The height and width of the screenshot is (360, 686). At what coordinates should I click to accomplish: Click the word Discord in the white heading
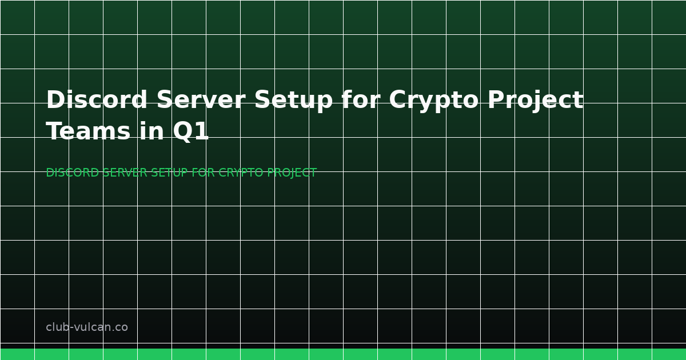tap(97, 101)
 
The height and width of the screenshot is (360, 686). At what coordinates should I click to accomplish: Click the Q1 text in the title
tap(191, 132)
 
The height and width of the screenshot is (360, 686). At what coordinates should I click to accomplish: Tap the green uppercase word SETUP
tap(169, 173)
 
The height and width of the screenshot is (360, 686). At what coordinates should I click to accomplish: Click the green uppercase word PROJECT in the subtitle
tap(293, 173)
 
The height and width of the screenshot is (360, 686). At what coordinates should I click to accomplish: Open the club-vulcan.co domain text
tap(87, 327)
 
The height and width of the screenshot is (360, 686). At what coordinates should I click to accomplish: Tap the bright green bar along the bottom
tap(343, 354)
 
